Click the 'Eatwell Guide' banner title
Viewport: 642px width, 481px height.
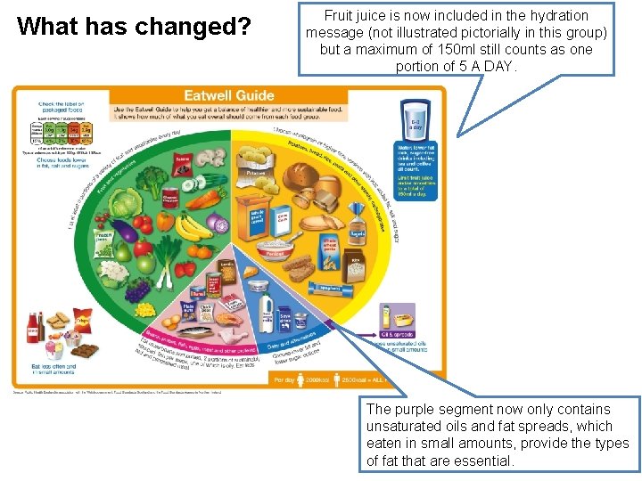tap(228, 95)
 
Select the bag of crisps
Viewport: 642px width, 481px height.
tap(80, 321)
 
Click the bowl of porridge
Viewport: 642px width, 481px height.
tap(276, 245)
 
